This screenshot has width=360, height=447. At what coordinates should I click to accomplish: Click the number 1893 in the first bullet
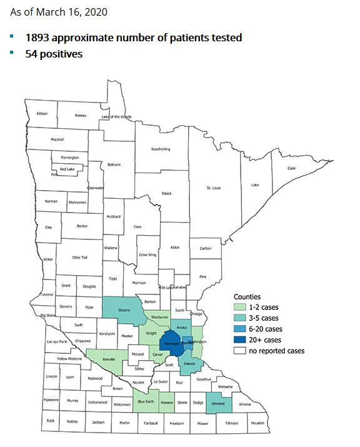pos(38,38)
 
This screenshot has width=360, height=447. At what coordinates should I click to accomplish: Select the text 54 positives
pos(54,54)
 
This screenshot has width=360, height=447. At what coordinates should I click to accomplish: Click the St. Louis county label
pos(214,188)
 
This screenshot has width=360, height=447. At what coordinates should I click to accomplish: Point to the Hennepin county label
pos(171,344)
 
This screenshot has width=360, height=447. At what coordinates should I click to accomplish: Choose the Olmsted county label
pos(219,403)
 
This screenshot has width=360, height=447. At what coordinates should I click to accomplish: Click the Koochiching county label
pos(161,149)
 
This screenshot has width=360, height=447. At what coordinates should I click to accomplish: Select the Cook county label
pos(291,168)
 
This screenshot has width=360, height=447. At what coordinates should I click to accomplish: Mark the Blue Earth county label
pos(146,403)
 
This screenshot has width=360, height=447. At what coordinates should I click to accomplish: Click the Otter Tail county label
pos(80,258)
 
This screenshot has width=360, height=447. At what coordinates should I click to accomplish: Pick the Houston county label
pos(258,423)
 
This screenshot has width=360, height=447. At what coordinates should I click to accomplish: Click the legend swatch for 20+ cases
pos(240,339)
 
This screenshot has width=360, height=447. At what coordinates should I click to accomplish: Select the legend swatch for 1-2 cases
pos(240,308)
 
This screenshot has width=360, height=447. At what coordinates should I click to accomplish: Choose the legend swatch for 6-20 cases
pos(240,329)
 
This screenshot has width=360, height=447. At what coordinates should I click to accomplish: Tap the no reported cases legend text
pos(276,351)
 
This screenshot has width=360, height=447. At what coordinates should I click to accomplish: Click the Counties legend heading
pos(247,296)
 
